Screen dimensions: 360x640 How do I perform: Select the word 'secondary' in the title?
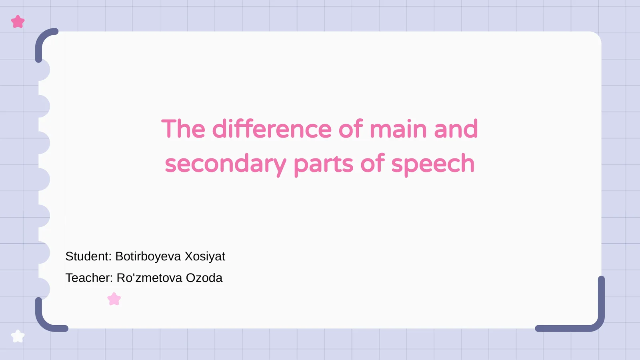tap(225, 164)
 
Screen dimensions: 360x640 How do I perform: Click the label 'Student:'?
tap(88, 256)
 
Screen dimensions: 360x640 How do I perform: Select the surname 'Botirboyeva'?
tap(148, 256)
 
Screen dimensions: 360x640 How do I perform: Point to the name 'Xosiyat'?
tap(205, 256)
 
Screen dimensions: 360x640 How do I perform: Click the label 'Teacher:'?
tap(89, 278)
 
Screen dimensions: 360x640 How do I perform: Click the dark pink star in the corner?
tap(18, 22)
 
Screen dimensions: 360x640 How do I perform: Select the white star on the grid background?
tap(18, 336)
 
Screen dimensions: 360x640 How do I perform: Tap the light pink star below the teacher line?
tap(114, 299)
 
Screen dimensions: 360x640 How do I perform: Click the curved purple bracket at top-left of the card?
tap(42, 38)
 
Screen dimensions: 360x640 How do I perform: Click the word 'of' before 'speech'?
tap(372, 164)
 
